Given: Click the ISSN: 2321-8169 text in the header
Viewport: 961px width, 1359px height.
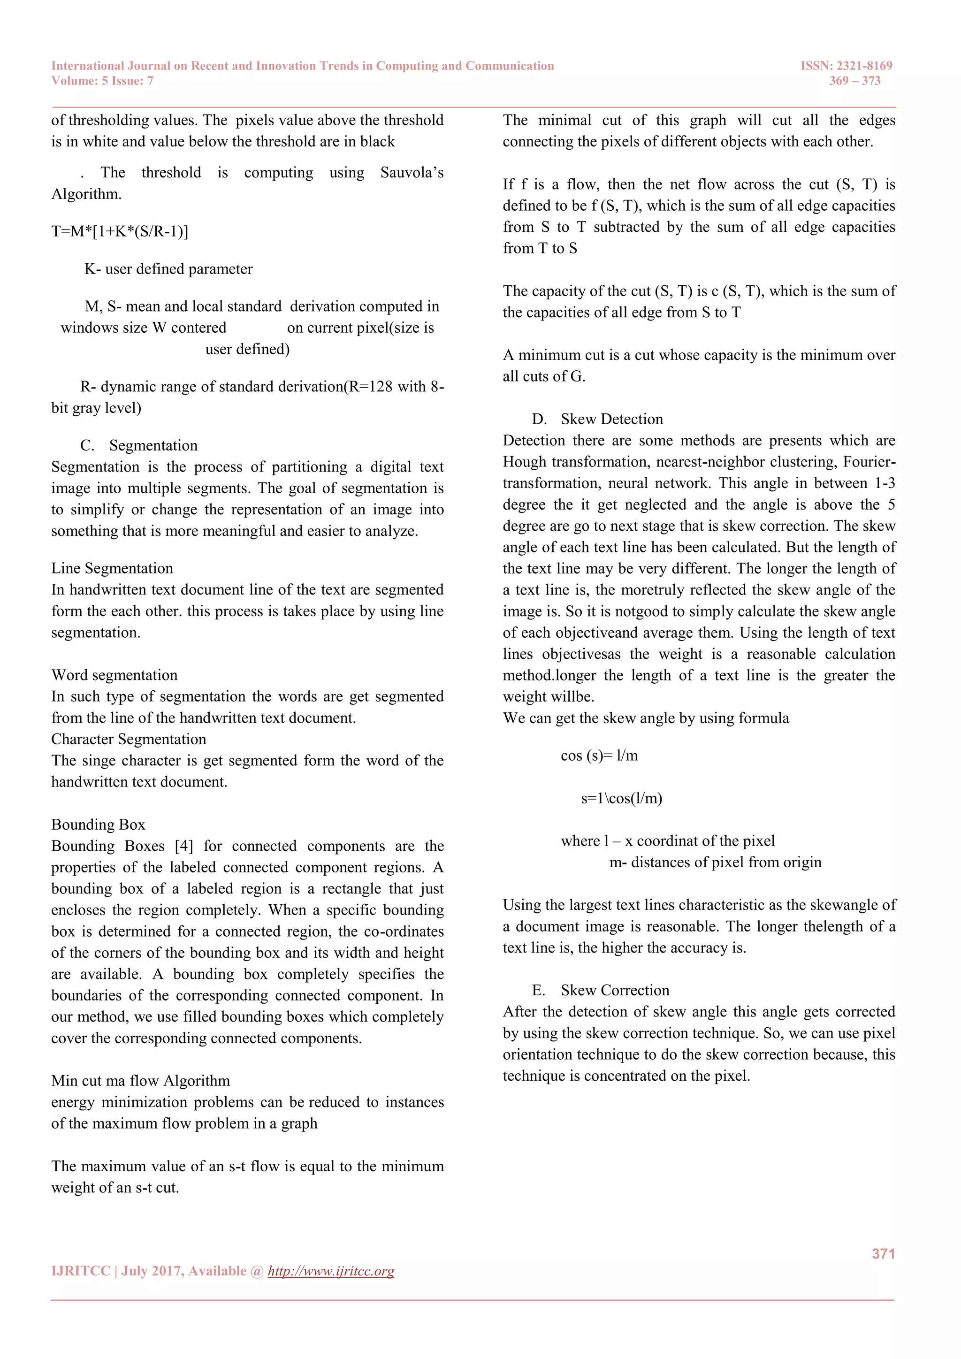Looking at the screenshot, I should pos(846,66).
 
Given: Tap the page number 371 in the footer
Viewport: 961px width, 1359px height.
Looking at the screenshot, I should pos(883,1253).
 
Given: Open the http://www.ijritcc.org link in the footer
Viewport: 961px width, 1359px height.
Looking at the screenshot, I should pos(331,1271).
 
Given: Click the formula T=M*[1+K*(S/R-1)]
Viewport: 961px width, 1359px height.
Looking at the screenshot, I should pos(120,231).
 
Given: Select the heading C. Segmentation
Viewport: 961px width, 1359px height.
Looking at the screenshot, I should pos(139,445).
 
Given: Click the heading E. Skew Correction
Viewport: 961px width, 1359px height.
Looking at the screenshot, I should pos(600,990).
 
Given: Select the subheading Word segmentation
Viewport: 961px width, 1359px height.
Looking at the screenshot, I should pos(114,675).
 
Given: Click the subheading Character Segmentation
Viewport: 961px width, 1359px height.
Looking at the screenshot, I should pos(129,739).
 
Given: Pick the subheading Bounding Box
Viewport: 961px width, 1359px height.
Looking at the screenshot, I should pos(98,825).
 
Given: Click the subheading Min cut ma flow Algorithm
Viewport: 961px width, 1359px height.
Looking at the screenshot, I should pos(140,1081).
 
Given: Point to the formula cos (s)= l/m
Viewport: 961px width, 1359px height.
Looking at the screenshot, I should pos(599,756).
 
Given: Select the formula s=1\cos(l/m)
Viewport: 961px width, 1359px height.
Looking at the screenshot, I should pos(621,799).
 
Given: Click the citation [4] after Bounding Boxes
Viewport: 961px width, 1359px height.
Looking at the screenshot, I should pos(184,846).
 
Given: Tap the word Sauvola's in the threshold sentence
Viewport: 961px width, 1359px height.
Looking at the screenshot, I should pos(411,173).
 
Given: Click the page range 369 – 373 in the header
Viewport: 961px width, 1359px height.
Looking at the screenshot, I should pos(854,81).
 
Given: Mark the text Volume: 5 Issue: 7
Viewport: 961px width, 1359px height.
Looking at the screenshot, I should pos(102,81).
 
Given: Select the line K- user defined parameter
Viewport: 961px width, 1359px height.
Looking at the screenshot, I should pos(168,269).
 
